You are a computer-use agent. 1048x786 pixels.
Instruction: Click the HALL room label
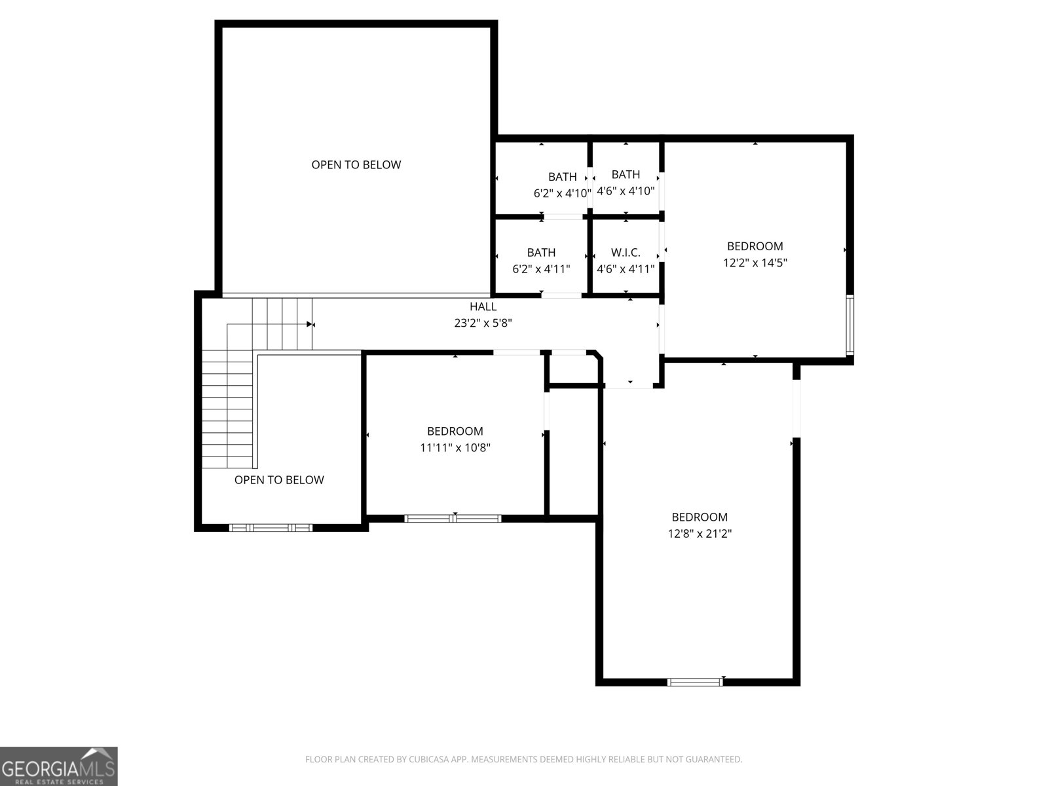click(x=483, y=307)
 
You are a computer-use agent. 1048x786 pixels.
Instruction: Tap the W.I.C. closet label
click(x=625, y=253)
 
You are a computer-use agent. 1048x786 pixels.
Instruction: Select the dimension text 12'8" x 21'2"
click(x=700, y=534)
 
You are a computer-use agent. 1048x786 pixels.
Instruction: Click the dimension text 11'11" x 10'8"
click(x=455, y=448)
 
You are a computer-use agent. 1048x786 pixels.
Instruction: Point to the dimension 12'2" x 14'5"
click(x=755, y=263)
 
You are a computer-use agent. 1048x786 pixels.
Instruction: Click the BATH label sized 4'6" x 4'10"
click(x=626, y=174)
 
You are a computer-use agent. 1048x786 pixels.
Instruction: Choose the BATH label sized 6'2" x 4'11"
click(x=541, y=253)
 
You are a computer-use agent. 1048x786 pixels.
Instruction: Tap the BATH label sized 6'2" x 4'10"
click(x=562, y=177)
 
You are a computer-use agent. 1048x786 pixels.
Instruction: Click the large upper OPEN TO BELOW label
click(x=356, y=165)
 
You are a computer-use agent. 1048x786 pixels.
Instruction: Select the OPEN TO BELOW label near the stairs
click(x=279, y=480)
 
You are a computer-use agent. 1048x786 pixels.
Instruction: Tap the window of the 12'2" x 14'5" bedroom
click(x=850, y=326)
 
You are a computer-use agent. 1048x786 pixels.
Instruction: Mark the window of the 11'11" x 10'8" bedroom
click(x=453, y=519)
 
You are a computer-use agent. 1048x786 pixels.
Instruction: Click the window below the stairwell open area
click(x=271, y=527)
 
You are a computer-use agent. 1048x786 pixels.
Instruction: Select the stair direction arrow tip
click(x=310, y=324)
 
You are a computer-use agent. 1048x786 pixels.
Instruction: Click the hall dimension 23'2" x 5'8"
click(x=483, y=323)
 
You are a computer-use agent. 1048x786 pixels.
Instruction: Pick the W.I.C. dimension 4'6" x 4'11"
click(x=625, y=269)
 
